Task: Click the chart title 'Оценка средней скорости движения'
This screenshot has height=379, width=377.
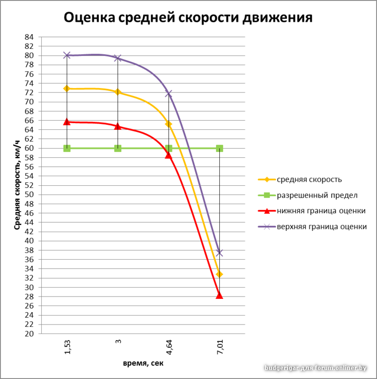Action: coord(188,18)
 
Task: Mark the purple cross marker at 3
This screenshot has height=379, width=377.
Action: coord(118,58)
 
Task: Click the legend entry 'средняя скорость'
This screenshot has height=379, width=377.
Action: coord(309,180)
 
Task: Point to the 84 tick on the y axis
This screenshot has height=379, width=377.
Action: coord(29,37)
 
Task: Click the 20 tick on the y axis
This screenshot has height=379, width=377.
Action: coord(29,334)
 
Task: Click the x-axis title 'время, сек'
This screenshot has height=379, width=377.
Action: coord(143,363)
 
